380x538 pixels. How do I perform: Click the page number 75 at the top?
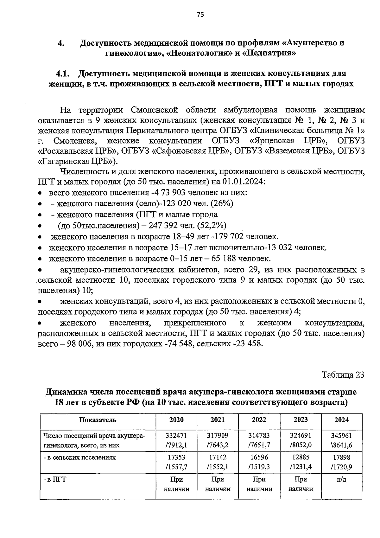(200, 15)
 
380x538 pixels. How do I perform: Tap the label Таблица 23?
(343, 375)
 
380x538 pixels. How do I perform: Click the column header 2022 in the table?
(259, 420)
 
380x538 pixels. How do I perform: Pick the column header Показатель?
(98, 420)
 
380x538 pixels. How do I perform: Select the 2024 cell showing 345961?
(341, 436)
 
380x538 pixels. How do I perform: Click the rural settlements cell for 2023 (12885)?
(301, 458)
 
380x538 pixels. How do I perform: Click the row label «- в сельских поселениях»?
(79, 458)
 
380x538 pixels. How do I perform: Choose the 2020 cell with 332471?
(176, 436)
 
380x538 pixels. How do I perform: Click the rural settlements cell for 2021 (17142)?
(218, 458)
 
